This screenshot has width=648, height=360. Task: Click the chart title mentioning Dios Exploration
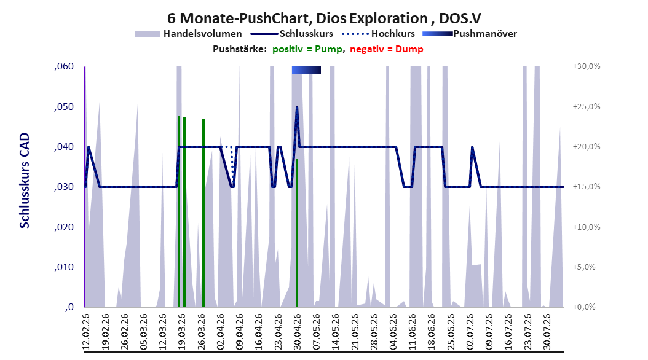coord(324,18)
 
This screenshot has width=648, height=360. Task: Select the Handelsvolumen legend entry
coord(188,34)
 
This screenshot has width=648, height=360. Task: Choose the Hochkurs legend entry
coord(378,34)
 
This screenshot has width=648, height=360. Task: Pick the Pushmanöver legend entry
coord(470,34)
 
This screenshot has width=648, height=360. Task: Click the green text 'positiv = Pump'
coord(307,49)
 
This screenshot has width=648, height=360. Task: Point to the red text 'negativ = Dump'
coord(387,49)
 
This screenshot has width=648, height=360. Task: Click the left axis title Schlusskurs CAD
coord(25,181)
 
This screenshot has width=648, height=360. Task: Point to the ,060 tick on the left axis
coord(64,66)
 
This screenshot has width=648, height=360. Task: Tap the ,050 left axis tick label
coord(64,107)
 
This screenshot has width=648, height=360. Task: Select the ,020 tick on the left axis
coord(64,227)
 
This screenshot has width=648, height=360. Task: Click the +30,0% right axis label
coord(587,66)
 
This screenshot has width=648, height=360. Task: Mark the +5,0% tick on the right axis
coord(584,267)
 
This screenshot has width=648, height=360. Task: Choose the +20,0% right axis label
coord(587,147)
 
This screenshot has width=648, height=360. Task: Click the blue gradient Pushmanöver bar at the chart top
coord(306,70)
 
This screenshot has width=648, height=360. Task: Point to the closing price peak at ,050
coord(297,107)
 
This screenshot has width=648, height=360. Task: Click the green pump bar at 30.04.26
coord(297,233)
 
